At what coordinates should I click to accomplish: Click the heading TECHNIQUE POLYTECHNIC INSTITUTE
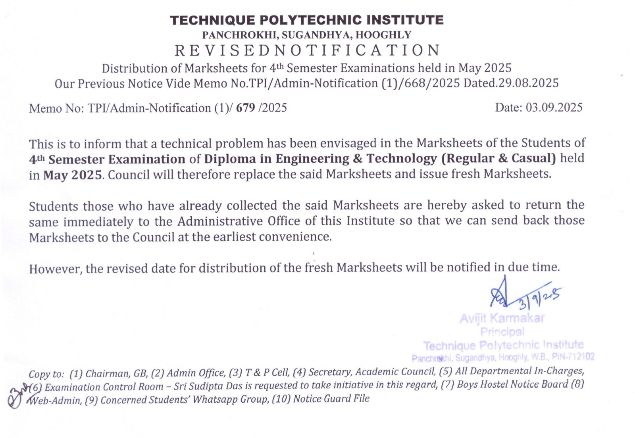tap(306, 20)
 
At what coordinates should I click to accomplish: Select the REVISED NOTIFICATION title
tap(307, 51)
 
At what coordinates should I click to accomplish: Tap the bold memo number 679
tap(245, 108)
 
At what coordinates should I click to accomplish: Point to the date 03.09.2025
tap(554, 108)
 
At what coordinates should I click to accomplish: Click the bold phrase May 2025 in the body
tap(72, 175)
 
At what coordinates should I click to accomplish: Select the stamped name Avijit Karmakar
tap(502, 318)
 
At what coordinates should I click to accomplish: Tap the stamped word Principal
tap(502, 332)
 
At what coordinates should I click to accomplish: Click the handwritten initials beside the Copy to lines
tap(18, 395)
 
